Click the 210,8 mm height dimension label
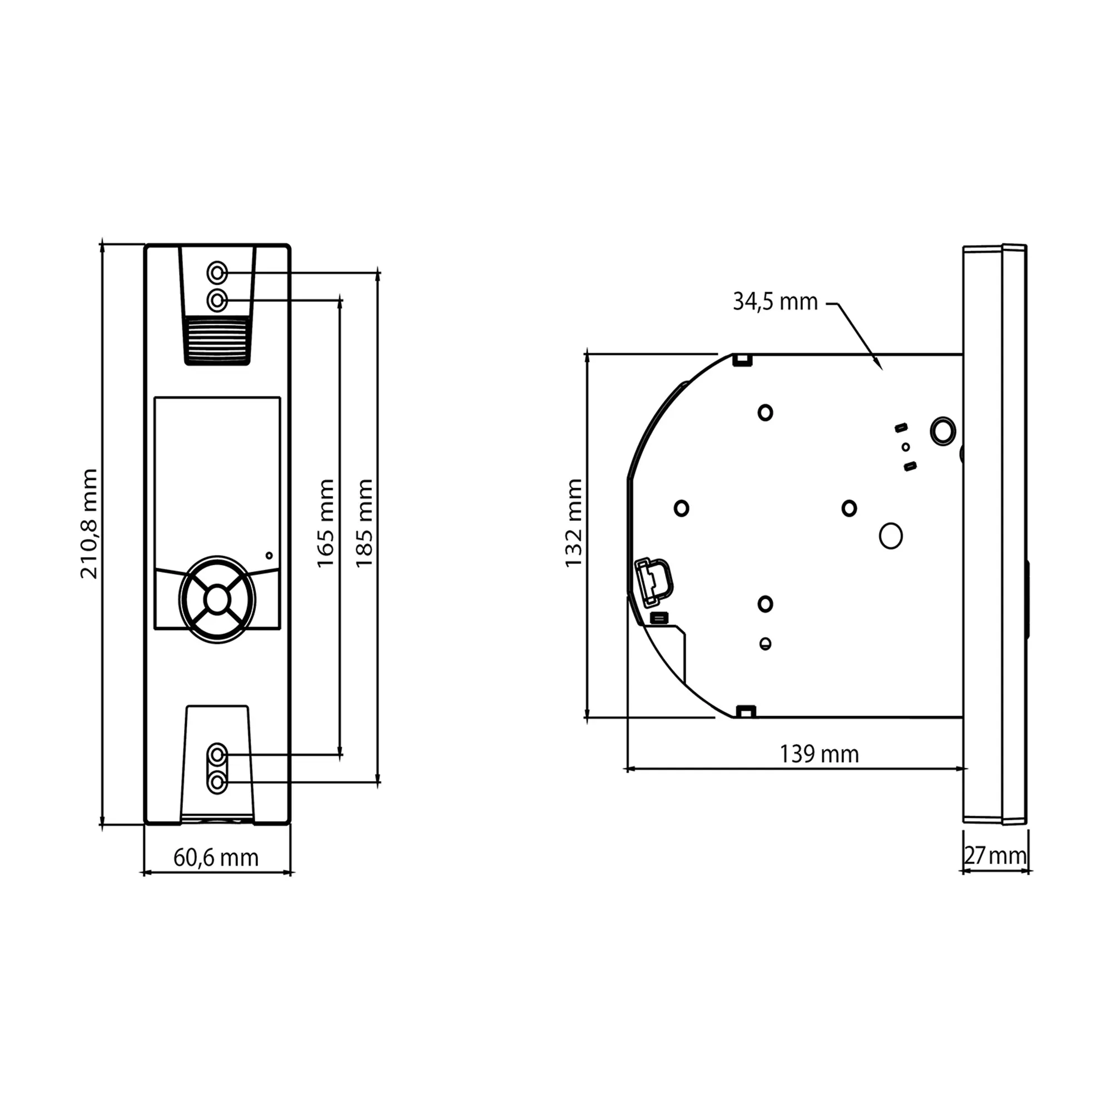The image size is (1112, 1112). tap(88, 524)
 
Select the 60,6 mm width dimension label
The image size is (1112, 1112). tap(216, 857)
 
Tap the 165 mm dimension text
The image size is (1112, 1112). tap(326, 523)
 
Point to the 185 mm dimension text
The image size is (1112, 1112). tap(364, 523)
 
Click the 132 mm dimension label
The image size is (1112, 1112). tap(573, 523)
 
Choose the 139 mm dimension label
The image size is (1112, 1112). tap(819, 754)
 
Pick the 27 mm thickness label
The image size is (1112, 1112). tap(995, 856)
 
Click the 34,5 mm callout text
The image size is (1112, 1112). tap(775, 301)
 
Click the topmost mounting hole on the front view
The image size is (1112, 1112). tap(217, 272)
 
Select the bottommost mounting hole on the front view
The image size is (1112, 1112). tap(217, 782)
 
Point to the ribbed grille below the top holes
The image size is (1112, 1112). tap(217, 340)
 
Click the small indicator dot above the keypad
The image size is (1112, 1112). tap(269, 555)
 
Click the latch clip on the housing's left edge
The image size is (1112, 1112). tap(653, 582)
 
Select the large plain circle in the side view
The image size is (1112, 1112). tap(890, 536)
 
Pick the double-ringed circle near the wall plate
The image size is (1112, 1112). tap(943, 430)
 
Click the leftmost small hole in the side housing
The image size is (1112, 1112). tap(682, 508)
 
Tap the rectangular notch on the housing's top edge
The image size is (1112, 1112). tap(742, 360)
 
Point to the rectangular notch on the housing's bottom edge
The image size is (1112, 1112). tap(746, 712)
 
